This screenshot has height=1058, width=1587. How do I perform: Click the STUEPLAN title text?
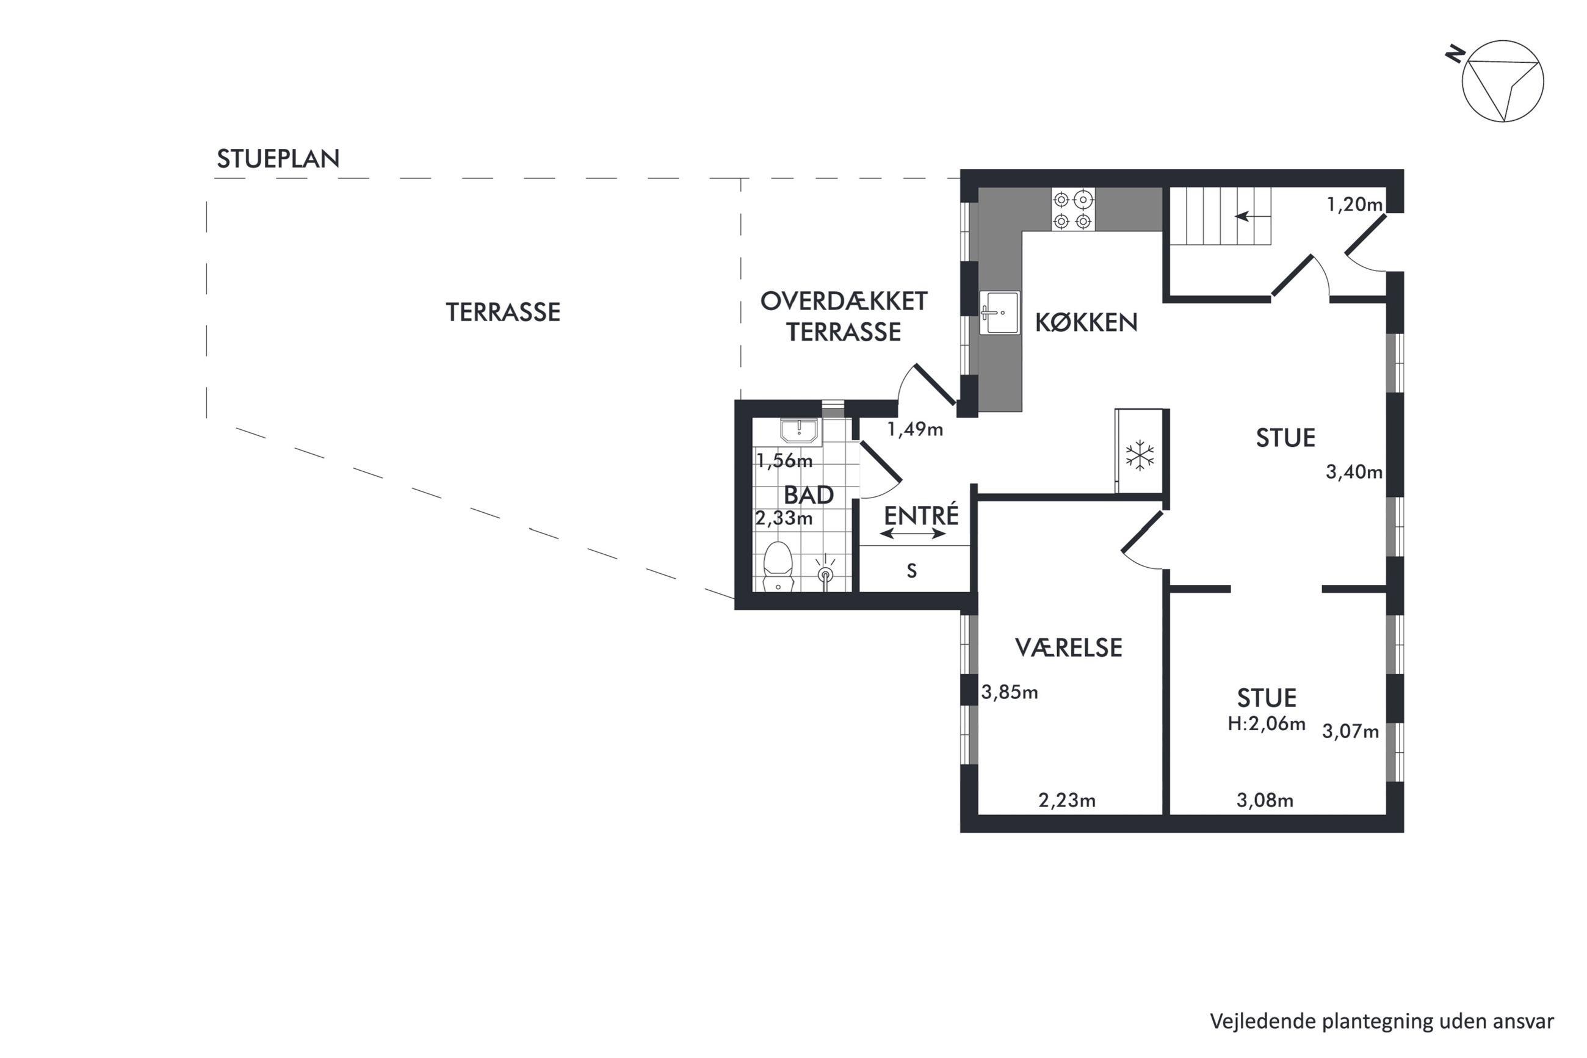pyautogui.click(x=278, y=159)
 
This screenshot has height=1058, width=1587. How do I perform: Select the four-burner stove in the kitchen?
pyautogui.click(x=1072, y=209)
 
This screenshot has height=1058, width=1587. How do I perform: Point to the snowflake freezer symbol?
pyautogui.click(x=1140, y=455)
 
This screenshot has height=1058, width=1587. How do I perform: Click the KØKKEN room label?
pyautogui.click(x=1086, y=322)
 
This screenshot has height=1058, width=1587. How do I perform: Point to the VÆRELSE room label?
pyautogui.click(x=1068, y=648)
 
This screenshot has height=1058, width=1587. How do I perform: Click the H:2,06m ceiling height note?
pyautogui.click(x=1266, y=724)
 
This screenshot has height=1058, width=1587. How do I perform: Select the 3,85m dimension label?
pyautogui.click(x=1009, y=692)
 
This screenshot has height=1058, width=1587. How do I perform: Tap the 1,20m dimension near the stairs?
pyautogui.click(x=1354, y=204)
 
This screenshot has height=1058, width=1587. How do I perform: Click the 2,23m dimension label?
pyautogui.click(x=1067, y=800)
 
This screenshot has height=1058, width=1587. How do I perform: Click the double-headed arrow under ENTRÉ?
pyautogui.click(x=913, y=534)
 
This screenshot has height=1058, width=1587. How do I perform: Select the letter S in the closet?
pyautogui.click(x=912, y=571)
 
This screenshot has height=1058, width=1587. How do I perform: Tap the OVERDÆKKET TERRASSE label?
pyautogui.click(x=844, y=316)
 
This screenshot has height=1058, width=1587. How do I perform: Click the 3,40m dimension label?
pyautogui.click(x=1354, y=472)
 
